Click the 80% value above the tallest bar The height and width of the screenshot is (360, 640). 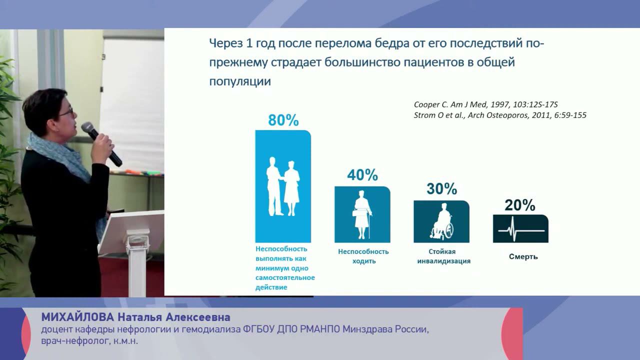[x=283, y=120]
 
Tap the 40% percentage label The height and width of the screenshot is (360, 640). [x=362, y=175]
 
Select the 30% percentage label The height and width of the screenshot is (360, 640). [x=441, y=189]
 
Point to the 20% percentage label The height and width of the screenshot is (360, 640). [x=520, y=205]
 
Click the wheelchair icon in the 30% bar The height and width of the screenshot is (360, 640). [x=441, y=221]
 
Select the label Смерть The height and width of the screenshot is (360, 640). [x=523, y=256]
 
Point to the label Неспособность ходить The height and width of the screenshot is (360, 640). [x=363, y=256]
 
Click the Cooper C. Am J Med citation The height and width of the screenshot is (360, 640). [x=485, y=104]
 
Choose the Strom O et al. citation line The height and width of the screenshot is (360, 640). [x=500, y=115]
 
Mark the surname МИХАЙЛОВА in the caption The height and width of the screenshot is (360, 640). [x=77, y=317]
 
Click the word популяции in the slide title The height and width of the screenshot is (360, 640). [x=240, y=81]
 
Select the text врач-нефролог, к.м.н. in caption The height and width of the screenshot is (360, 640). [x=89, y=341]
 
